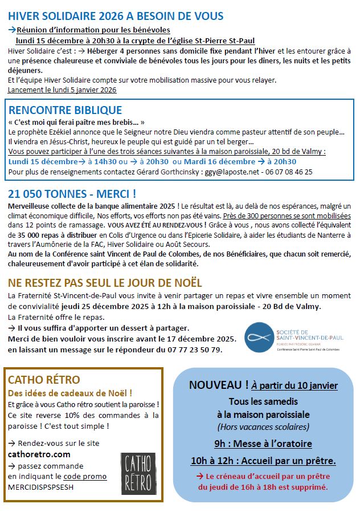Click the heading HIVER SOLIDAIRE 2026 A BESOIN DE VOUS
(116, 16)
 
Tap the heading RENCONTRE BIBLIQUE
(65, 110)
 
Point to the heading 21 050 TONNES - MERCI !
(72, 193)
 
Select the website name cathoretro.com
(39, 454)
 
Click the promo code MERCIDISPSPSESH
(41, 487)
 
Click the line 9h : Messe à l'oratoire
(263, 444)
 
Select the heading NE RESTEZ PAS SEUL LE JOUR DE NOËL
(105, 283)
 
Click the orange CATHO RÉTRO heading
(44, 380)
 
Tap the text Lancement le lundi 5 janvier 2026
(62, 90)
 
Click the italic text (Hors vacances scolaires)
(263, 426)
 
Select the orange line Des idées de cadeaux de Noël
(70, 393)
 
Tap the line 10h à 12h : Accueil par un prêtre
(263, 461)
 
